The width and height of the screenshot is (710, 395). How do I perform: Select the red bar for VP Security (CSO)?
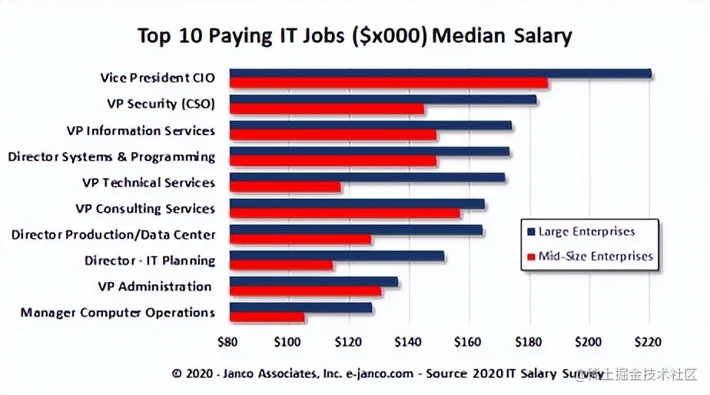pyautogui.click(x=327, y=110)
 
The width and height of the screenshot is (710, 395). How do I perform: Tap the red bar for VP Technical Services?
pyautogui.click(x=285, y=187)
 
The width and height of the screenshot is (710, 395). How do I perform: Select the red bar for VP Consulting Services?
pyautogui.click(x=345, y=213)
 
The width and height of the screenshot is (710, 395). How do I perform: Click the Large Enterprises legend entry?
pyautogui.click(x=587, y=231)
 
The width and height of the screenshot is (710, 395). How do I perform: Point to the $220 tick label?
pyautogui.click(x=648, y=341)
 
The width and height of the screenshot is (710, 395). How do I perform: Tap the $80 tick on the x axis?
pyautogui.click(x=228, y=341)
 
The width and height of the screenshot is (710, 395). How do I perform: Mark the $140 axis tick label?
pyautogui.click(x=407, y=341)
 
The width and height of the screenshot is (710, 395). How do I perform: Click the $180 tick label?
pyautogui.click(x=528, y=341)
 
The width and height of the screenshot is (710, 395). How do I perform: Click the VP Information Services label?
pyautogui.click(x=141, y=131)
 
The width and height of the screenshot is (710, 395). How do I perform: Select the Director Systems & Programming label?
pyautogui.click(x=111, y=157)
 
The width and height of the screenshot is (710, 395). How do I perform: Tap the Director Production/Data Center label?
pyautogui.click(x=113, y=234)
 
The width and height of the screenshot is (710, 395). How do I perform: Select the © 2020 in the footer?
pyautogui.click(x=189, y=374)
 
